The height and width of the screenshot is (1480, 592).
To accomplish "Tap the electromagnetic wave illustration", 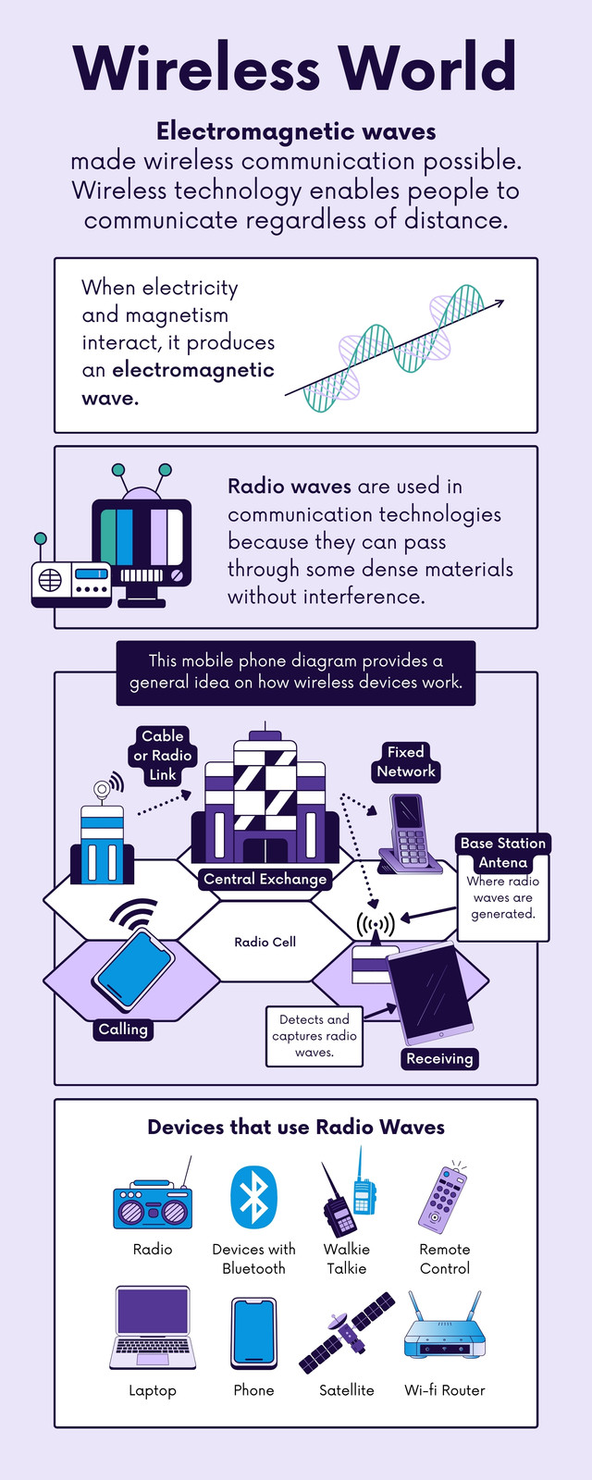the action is coord(394,349).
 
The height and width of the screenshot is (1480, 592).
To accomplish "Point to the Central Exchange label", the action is coord(265,879).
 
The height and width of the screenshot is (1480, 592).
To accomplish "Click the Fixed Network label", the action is coord(406,762).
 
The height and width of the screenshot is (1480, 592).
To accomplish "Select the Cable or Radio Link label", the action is coord(163,756).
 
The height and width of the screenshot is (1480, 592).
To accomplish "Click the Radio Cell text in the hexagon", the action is coord(265,943).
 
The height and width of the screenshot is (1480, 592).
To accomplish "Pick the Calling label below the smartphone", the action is coord(123,1030).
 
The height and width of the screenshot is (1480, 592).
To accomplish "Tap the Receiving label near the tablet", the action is coord(439,1058).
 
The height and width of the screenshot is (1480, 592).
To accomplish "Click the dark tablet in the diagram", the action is coord(430,993).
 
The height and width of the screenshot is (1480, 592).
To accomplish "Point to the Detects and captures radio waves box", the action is coord(314,1036).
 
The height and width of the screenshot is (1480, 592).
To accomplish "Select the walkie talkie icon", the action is coord(349,1193).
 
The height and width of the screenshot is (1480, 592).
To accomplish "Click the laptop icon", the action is coord(153,1327).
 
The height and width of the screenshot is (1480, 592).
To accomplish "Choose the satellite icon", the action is coord(347,1332).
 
